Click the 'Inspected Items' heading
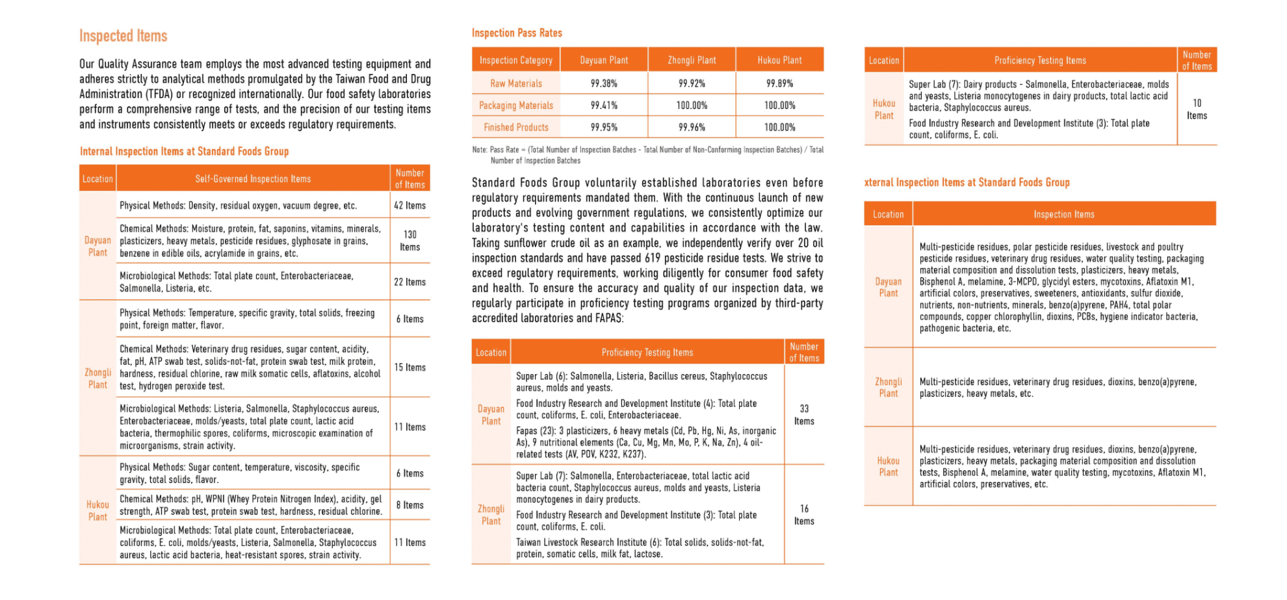pyautogui.click(x=123, y=36)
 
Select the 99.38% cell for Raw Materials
pyautogui.click(x=604, y=83)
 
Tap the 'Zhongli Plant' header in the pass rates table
pyautogui.click(x=692, y=60)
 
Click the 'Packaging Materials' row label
pyautogui.click(x=516, y=105)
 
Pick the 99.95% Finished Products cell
pyautogui.click(x=604, y=127)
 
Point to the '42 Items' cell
pyautogui.click(x=409, y=205)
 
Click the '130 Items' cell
pyautogui.click(x=409, y=241)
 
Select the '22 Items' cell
pyautogui.click(x=409, y=282)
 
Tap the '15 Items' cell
pyautogui.click(x=409, y=367)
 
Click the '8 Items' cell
pyautogui.click(x=409, y=505)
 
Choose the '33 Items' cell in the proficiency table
pyautogui.click(x=804, y=415)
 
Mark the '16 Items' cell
pyautogui.click(x=804, y=515)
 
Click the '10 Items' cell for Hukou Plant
pyautogui.click(x=1197, y=109)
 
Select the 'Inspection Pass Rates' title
pyautogui.click(x=517, y=33)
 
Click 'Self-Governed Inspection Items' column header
pyautogui.click(x=253, y=179)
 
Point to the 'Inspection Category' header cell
pyautogui.click(x=516, y=60)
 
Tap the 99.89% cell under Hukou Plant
pyautogui.click(x=779, y=83)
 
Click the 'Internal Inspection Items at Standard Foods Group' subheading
pyautogui.click(x=184, y=151)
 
